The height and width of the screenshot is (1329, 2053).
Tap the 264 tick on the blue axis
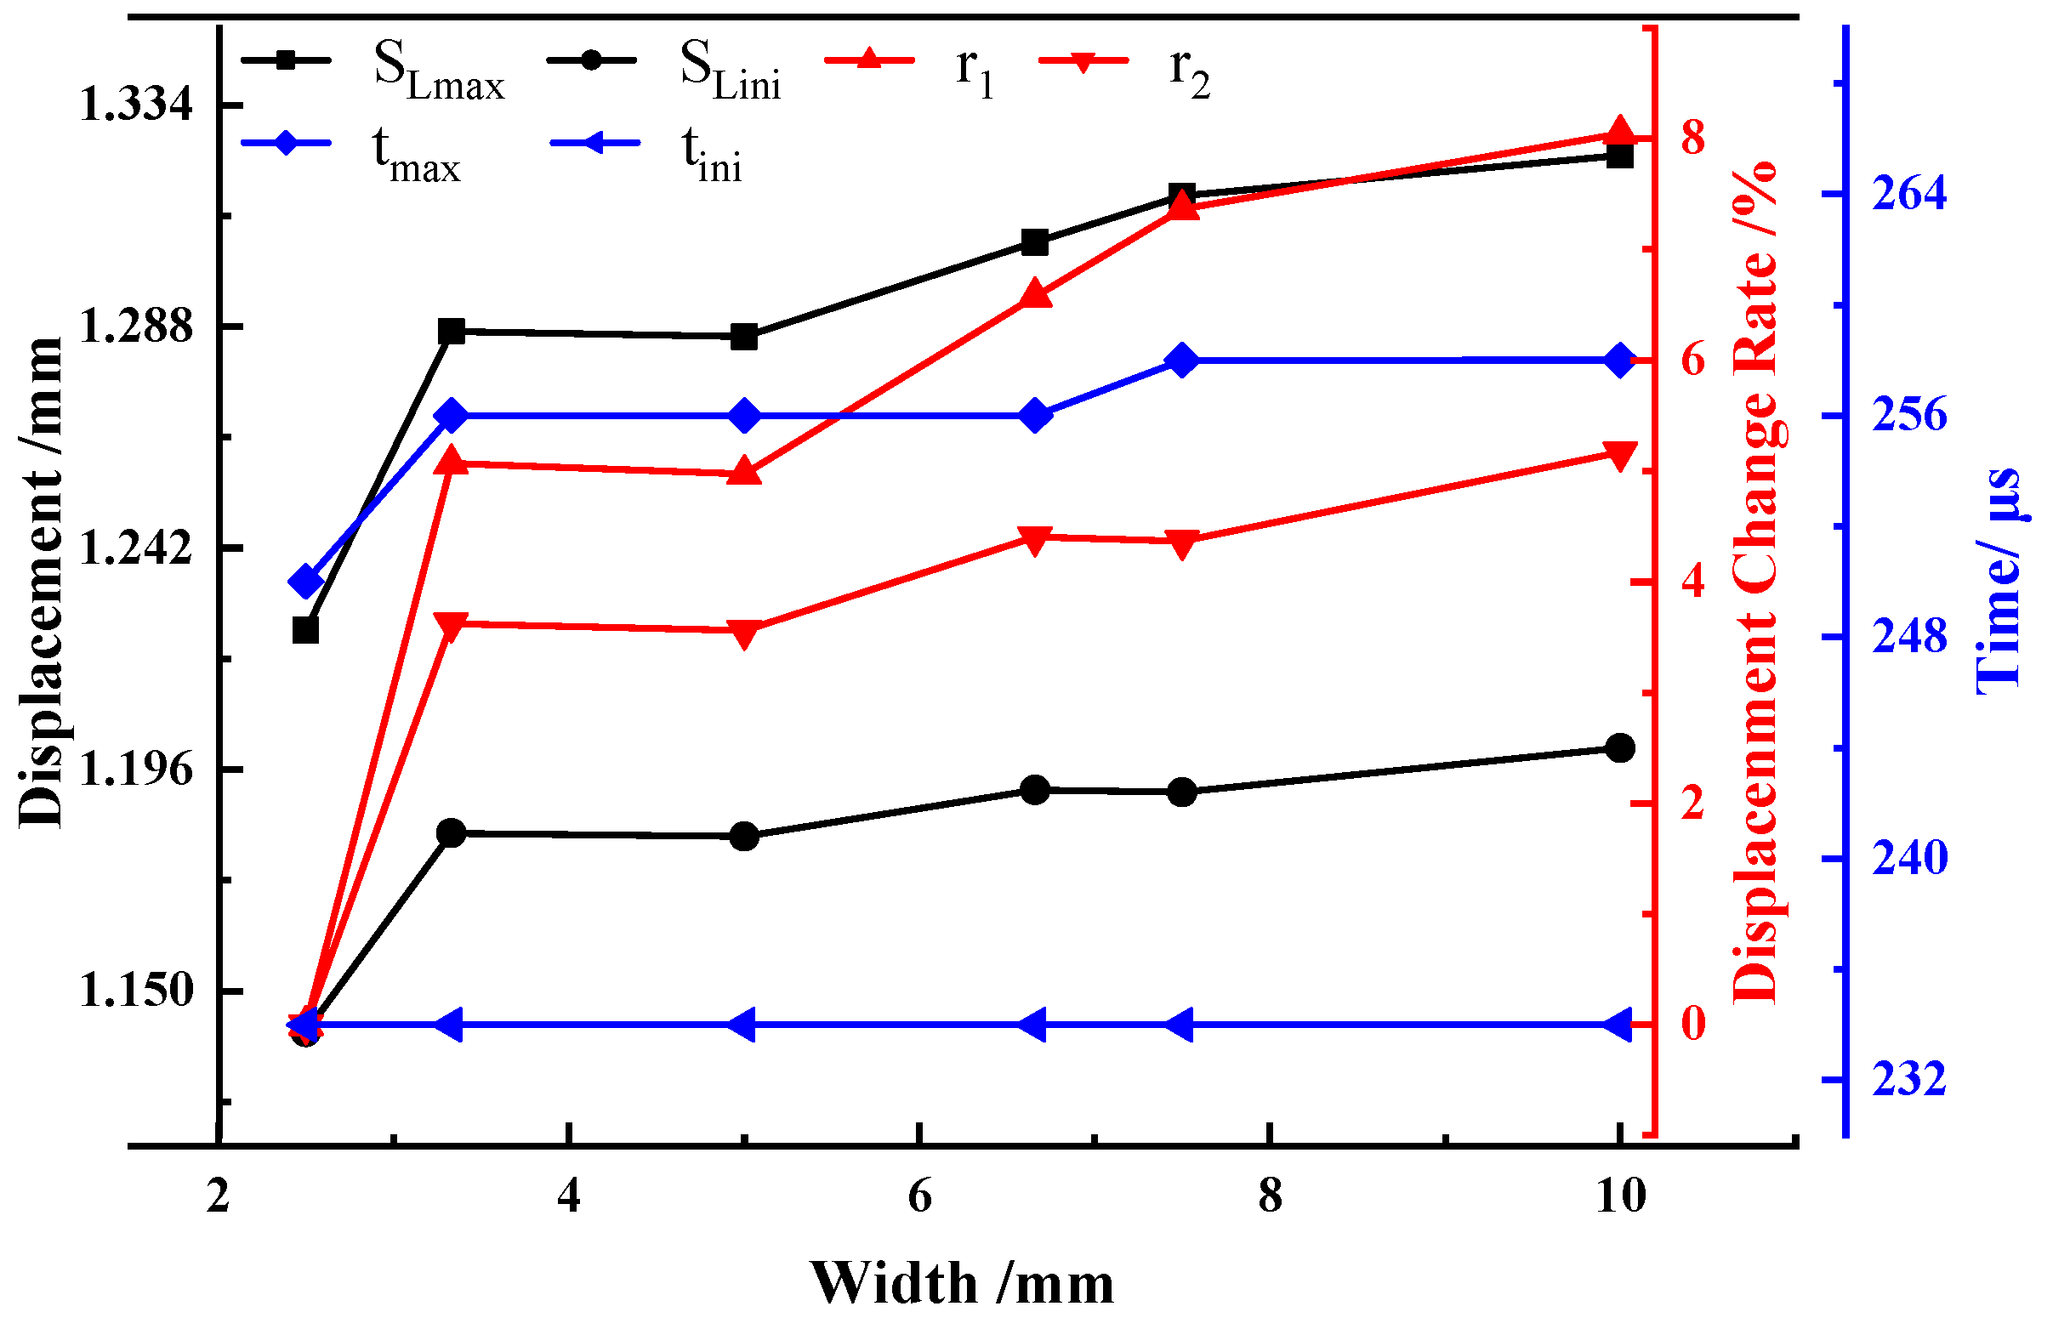click(1909, 194)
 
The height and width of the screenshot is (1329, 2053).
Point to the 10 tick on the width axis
click(1620, 1197)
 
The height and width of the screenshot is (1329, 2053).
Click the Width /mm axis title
click(962, 1284)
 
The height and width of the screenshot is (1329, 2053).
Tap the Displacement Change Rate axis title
click(1755, 582)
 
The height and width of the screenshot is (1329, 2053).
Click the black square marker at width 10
click(1619, 156)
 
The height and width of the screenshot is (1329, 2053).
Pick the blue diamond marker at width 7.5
click(1183, 361)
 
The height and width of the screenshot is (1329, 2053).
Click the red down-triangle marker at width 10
click(1619, 457)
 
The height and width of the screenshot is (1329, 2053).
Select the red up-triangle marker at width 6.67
click(1035, 294)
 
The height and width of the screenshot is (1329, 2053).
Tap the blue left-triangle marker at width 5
click(742, 1025)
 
